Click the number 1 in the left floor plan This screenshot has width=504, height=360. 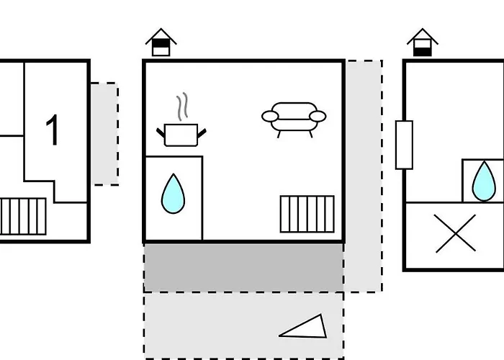click(x=53, y=130)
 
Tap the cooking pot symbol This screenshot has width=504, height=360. click(x=181, y=135)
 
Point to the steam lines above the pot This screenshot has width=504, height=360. click(x=182, y=107)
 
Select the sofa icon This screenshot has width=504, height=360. click(x=294, y=120)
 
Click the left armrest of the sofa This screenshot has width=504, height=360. click(x=270, y=117)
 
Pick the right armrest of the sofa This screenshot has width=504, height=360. click(x=318, y=117)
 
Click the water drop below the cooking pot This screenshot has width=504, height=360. click(x=173, y=194)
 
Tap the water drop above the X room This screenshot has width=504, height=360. click(x=484, y=181)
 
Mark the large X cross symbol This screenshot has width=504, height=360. click(x=456, y=233)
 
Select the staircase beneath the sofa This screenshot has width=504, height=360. click(x=307, y=214)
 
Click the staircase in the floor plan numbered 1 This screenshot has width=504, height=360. click(x=23, y=216)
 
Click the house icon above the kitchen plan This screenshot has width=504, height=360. click(x=161, y=42)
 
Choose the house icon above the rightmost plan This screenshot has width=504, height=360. click(x=423, y=42)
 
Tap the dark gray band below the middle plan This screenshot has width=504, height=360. click(x=243, y=267)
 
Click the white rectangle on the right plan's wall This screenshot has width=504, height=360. click(x=404, y=145)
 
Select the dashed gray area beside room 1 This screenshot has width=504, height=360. click(x=105, y=134)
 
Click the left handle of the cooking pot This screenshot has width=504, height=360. click(x=161, y=132)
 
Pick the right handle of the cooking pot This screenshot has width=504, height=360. click(x=202, y=133)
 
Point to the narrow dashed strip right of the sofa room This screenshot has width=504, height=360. click(x=364, y=176)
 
